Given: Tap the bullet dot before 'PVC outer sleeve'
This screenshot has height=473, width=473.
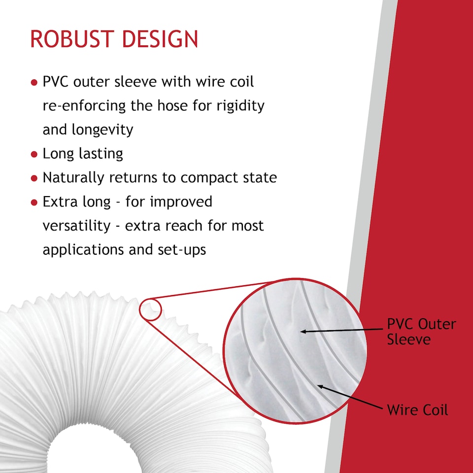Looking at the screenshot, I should click(x=34, y=82).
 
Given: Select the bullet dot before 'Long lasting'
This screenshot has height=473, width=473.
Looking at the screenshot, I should click(x=34, y=155).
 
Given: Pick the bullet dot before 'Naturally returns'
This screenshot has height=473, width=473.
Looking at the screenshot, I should click(x=34, y=178).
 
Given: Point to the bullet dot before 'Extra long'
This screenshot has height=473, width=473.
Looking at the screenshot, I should click(x=34, y=203).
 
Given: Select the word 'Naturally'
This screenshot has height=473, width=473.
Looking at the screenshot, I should click(x=73, y=178).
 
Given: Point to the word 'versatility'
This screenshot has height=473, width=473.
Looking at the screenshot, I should click(x=77, y=226).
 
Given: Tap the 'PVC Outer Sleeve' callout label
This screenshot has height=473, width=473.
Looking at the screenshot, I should click(x=421, y=332).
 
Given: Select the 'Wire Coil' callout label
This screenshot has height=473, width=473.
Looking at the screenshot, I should click(x=417, y=409).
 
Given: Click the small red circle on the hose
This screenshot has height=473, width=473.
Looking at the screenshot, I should click(x=151, y=309).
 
